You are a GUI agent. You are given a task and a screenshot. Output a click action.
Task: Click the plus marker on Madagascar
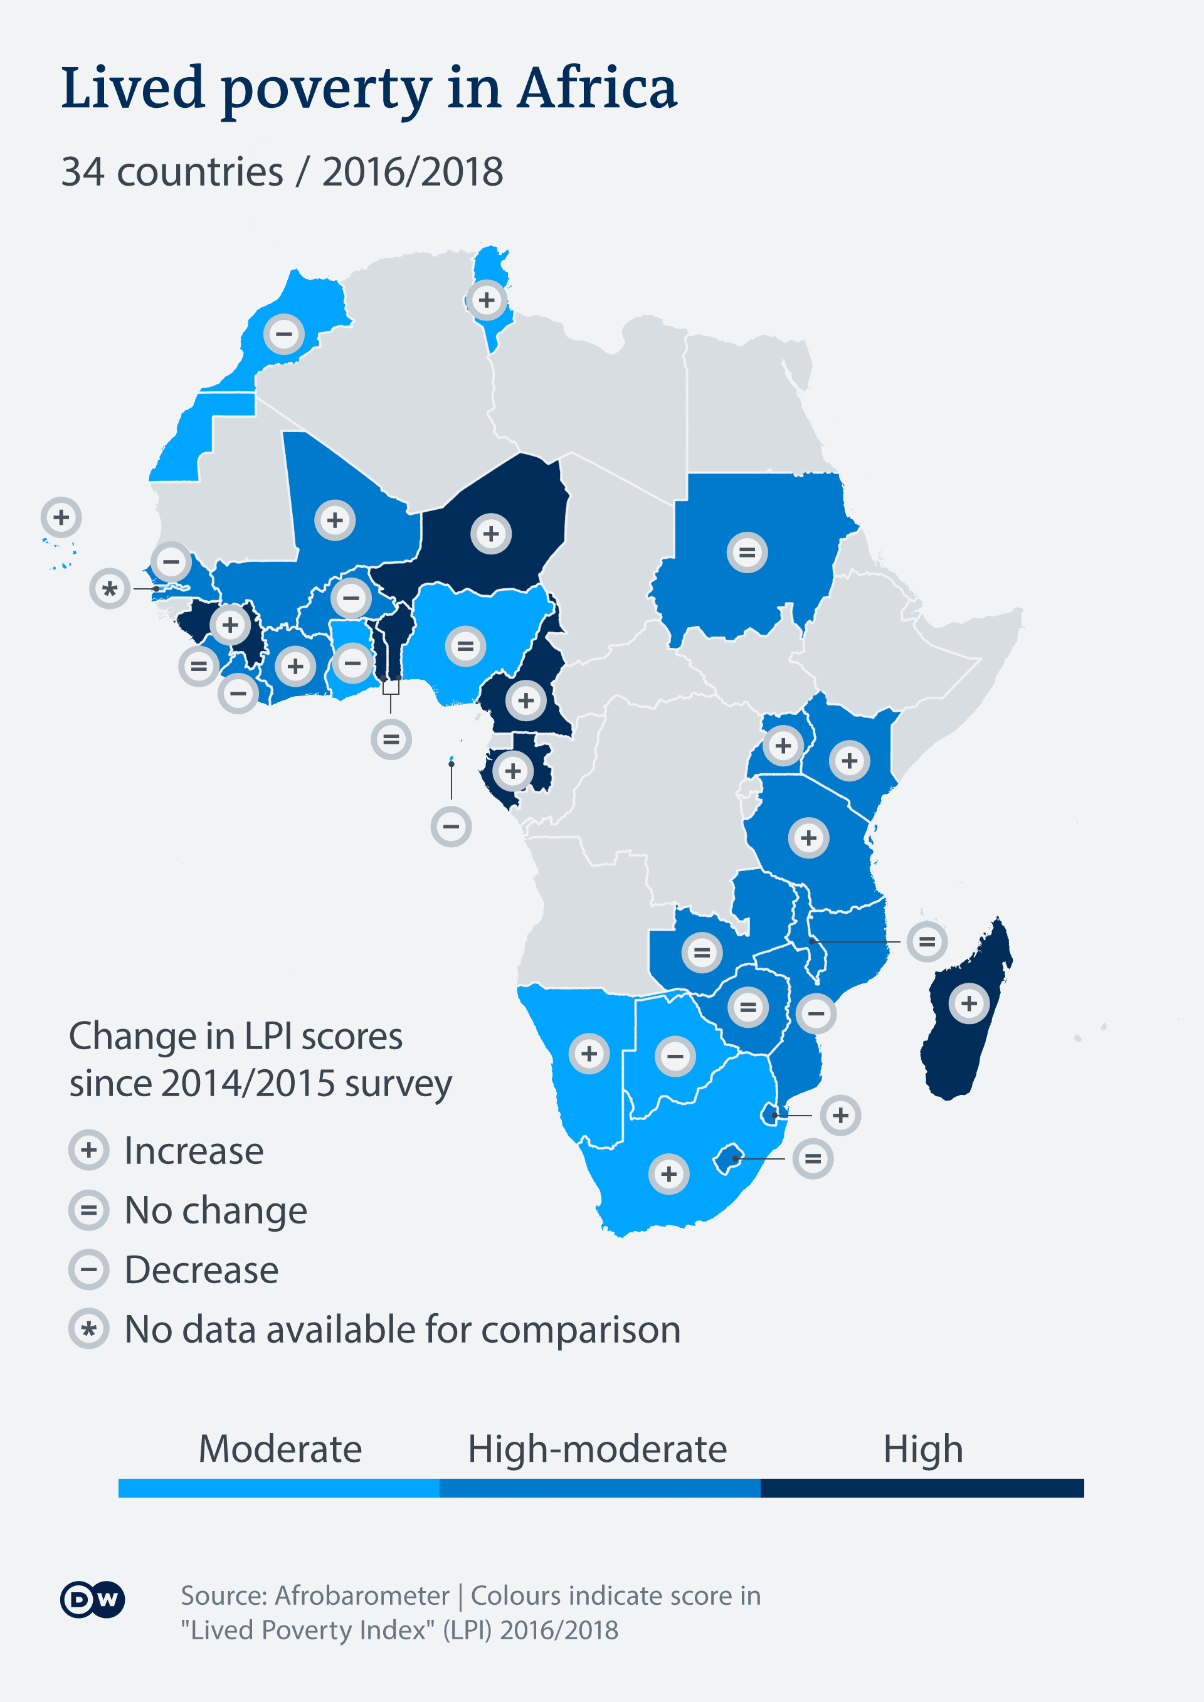coord(969,1004)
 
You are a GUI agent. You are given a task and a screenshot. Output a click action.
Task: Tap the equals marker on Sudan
coord(747,552)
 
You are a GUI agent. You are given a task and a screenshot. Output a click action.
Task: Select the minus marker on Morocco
coord(284,334)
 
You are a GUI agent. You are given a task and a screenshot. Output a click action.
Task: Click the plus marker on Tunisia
coord(487,300)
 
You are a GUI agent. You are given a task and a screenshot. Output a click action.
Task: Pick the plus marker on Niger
coord(491,533)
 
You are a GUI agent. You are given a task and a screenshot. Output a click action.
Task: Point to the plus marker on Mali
coord(335,520)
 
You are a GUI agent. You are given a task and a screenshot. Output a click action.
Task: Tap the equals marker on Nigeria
coord(465,646)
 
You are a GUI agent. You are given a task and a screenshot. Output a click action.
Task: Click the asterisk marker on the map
coord(110,589)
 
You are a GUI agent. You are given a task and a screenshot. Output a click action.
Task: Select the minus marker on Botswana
coord(675,1055)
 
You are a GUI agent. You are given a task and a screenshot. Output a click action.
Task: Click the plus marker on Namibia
coord(589,1054)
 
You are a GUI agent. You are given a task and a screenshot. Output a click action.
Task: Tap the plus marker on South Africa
coord(668,1173)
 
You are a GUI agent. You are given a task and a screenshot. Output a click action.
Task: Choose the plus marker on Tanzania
coord(809,838)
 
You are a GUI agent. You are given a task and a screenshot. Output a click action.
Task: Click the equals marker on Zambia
coord(702,952)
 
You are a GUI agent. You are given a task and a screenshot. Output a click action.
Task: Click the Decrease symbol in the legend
coord(89,1270)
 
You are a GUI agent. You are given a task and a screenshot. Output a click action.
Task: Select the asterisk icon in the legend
coord(89,1329)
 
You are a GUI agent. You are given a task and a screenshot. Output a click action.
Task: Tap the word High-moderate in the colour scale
coord(597,1449)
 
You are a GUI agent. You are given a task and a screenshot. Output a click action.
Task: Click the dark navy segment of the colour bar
coord(922,1488)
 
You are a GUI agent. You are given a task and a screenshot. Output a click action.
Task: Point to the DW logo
coord(93,1599)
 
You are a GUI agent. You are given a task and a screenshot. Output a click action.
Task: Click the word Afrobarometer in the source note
coord(362,1595)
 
